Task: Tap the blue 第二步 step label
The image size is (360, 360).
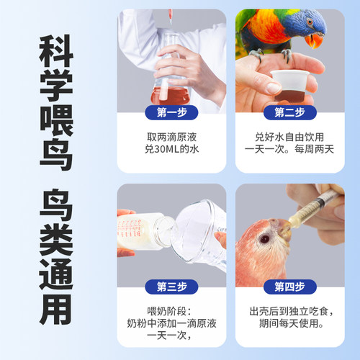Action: click(288, 112)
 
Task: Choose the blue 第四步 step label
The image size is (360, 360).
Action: click(288, 287)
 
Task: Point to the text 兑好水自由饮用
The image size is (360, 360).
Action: click(288, 135)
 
